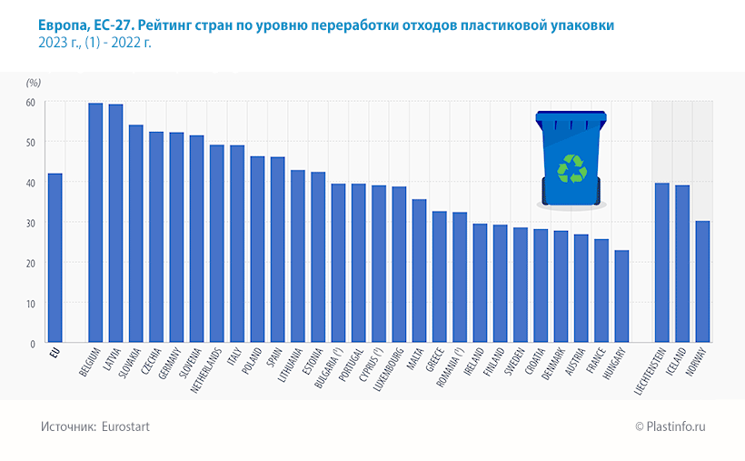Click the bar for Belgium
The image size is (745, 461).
click(95, 223)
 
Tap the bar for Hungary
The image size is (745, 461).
click(621, 296)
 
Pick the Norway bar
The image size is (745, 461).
click(702, 281)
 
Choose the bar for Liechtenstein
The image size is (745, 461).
click(661, 262)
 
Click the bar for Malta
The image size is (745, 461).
click(419, 271)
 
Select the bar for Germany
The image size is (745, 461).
click(176, 237)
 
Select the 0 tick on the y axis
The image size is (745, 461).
click(32, 344)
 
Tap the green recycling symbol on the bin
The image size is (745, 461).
click(571, 169)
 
